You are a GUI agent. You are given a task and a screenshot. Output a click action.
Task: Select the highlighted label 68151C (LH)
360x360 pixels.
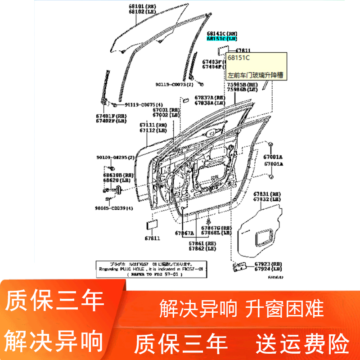click(x=221, y=39)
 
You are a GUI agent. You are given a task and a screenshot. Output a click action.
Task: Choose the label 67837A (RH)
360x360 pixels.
click(x=210, y=98)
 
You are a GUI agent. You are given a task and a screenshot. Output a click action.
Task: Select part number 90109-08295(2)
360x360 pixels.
click(x=115, y=157)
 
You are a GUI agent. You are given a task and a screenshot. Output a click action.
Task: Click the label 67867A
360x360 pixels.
click(x=184, y=233)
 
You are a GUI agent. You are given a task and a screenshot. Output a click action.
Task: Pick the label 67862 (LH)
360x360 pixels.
click(x=202, y=248)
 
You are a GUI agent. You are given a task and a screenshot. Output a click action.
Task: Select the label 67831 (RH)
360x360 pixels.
click(x=267, y=193)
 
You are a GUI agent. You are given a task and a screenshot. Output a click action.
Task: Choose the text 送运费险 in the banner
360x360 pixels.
click(x=303, y=344)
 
